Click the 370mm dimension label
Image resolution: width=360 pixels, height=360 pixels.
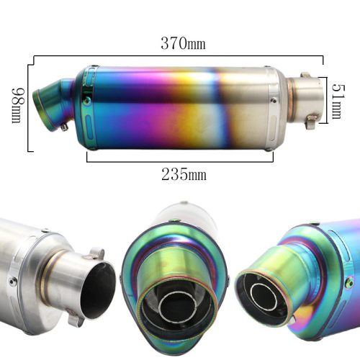click(x=183, y=44)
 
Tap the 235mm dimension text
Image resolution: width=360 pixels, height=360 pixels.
click(x=184, y=174)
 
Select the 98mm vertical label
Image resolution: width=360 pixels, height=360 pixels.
click(x=18, y=105)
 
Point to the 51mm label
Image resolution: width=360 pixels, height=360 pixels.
click(x=338, y=102)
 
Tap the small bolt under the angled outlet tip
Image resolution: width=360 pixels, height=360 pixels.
click(x=64, y=127)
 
